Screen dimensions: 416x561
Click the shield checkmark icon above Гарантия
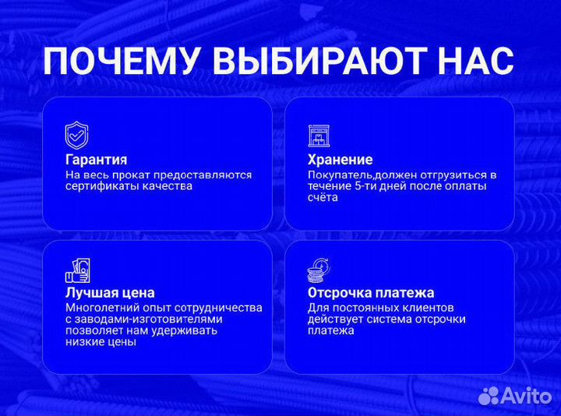click(x=76, y=136)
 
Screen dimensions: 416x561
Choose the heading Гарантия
click(x=96, y=160)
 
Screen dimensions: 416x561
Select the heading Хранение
click(x=340, y=160)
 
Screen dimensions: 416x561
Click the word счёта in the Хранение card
click(x=323, y=198)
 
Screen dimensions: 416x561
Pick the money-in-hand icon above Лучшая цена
click(x=77, y=270)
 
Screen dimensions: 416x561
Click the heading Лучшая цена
click(x=110, y=293)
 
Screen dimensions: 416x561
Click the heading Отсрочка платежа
click(x=371, y=293)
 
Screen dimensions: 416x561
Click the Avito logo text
click(x=528, y=397)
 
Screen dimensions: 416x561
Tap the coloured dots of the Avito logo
click(x=490, y=396)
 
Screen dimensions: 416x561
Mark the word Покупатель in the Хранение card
click(x=338, y=175)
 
